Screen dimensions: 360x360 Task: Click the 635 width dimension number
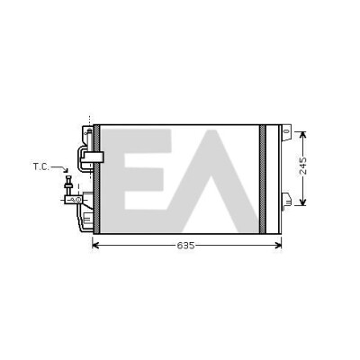point(185,246)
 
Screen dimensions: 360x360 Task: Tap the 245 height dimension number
point(303,166)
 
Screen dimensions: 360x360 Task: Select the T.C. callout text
point(41,166)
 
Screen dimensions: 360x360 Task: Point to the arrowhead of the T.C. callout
point(66,170)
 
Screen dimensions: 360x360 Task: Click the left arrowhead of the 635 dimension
point(95,246)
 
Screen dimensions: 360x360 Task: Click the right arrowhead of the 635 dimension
point(278,246)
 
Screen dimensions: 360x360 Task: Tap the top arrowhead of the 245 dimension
point(303,135)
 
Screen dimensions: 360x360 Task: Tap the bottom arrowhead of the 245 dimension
point(303,202)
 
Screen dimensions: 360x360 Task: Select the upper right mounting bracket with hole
point(286,132)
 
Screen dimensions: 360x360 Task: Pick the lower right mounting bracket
point(286,200)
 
